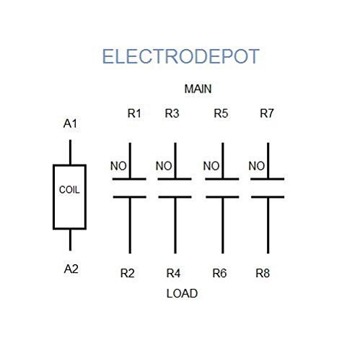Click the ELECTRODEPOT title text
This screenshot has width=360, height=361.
pyautogui.click(x=180, y=57)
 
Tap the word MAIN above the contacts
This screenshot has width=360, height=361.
pyautogui.click(x=198, y=90)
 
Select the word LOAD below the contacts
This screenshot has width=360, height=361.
pyautogui.click(x=182, y=294)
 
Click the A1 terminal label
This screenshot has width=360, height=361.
pyautogui.click(x=70, y=124)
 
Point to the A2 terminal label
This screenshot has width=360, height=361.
pyautogui.click(x=71, y=269)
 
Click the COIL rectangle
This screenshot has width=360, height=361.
pyautogui.click(x=70, y=197)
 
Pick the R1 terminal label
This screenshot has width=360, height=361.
pyautogui.click(x=135, y=113)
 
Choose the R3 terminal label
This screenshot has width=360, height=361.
pyautogui.click(x=172, y=113)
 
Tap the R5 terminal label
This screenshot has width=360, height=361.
pyautogui.click(x=222, y=113)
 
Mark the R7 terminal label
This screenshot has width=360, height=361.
pyautogui.click(x=268, y=113)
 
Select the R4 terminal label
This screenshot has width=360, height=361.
pyautogui.click(x=173, y=274)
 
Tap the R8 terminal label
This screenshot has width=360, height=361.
pyautogui.click(x=263, y=274)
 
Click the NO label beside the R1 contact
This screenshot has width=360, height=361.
pyautogui.click(x=118, y=166)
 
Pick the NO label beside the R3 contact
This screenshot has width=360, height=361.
pyautogui.click(x=164, y=166)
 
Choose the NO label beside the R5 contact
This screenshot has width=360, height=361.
pyautogui.click(x=211, y=166)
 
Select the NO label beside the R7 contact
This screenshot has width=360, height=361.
pyautogui.click(x=256, y=166)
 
